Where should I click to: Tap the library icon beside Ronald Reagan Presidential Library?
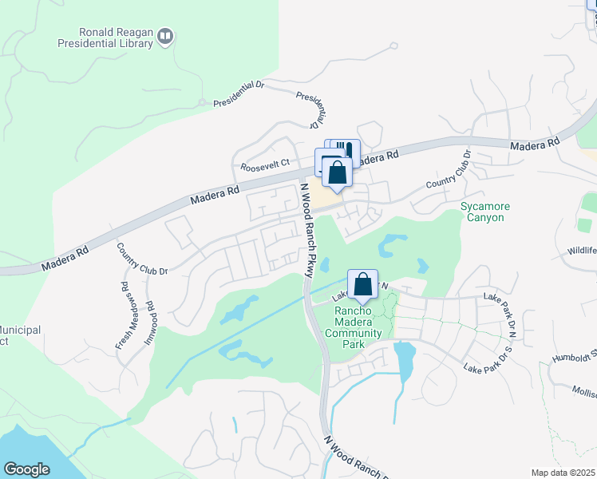(165, 35)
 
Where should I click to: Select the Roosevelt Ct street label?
(264, 167)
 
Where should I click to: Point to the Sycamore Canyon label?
(485, 212)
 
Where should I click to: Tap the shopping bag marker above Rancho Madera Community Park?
(362, 283)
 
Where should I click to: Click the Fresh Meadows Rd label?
(124, 315)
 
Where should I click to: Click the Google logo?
(27, 469)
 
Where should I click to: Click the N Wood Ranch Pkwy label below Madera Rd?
(305, 230)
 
